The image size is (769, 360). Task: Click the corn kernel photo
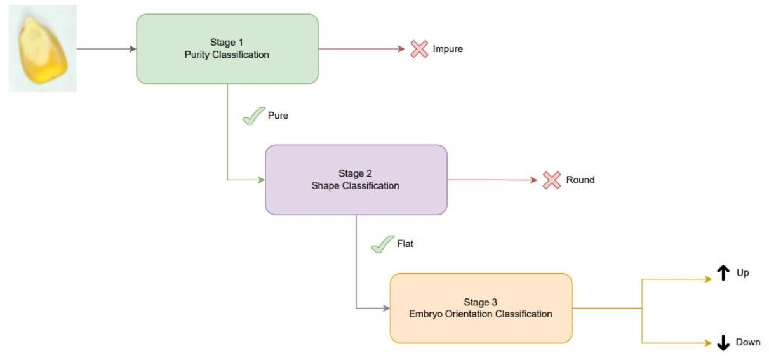pyautogui.click(x=42, y=49)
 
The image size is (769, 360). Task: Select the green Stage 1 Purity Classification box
pyautogui.click(x=227, y=49)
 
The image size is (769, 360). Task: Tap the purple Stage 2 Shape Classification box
pyautogui.click(x=356, y=180)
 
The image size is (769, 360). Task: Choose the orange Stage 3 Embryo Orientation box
pyautogui.click(x=481, y=308)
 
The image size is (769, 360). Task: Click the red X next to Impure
pyautogui.click(x=418, y=49)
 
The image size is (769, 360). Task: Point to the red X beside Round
pyautogui.click(x=551, y=180)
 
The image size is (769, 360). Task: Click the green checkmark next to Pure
pyautogui.click(x=253, y=116)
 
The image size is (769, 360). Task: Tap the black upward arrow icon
pyautogui.click(x=723, y=273)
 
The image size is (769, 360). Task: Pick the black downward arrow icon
pyautogui.click(x=723, y=343)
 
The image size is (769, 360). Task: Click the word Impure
pyautogui.click(x=448, y=49)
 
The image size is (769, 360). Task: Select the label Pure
pyautogui.click(x=278, y=116)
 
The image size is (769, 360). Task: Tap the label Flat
pyautogui.click(x=405, y=244)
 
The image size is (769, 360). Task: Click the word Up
pyautogui.click(x=742, y=273)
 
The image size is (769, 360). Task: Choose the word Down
pyautogui.click(x=747, y=342)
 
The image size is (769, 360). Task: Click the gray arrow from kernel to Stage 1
pyautogui.click(x=106, y=49)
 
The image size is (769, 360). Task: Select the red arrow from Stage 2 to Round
pyautogui.click(x=492, y=180)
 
